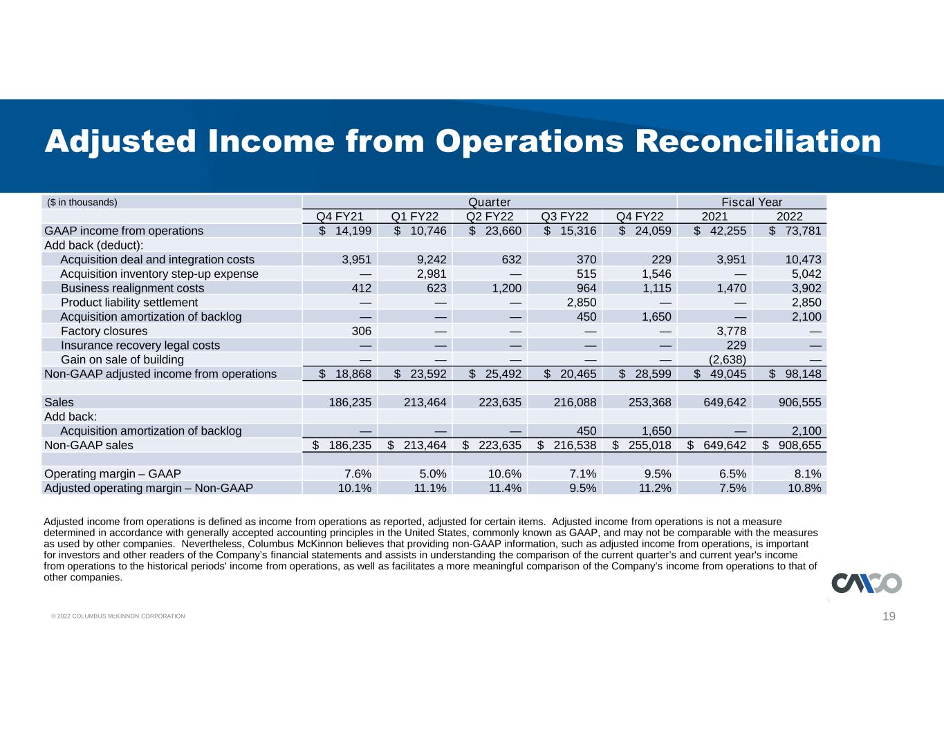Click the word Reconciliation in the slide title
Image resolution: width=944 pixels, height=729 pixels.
click(758, 142)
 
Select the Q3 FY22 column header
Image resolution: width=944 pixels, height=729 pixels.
click(564, 216)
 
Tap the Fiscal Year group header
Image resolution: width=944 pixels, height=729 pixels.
click(752, 202)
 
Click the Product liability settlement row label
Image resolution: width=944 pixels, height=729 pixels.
click(129, 303)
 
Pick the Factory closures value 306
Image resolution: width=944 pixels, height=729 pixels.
click(362, 331)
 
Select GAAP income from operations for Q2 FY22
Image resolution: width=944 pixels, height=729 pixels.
click(495, 231)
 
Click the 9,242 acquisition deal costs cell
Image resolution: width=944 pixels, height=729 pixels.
click(432, 260)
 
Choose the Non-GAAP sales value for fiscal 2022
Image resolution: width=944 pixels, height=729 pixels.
click(792, 445)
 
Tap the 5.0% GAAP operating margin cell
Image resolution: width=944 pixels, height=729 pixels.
click(433, 474)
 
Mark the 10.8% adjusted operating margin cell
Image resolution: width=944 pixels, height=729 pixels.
click(804, 488)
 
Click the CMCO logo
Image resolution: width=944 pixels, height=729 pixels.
click(867, 583)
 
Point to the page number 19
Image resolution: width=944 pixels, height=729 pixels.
click(889, 616)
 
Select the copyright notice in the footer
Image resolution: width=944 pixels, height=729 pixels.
click(118, 616)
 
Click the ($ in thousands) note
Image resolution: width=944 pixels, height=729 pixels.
click(82, 202)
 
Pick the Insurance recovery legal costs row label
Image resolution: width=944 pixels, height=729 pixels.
click(140, 345)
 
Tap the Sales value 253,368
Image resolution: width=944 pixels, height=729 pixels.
click(650, 402)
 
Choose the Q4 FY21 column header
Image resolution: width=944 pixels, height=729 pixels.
click(340, 216)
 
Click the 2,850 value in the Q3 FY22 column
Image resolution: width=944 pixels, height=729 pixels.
click(581, 303)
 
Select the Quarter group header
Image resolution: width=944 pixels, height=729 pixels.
click(489, 202)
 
